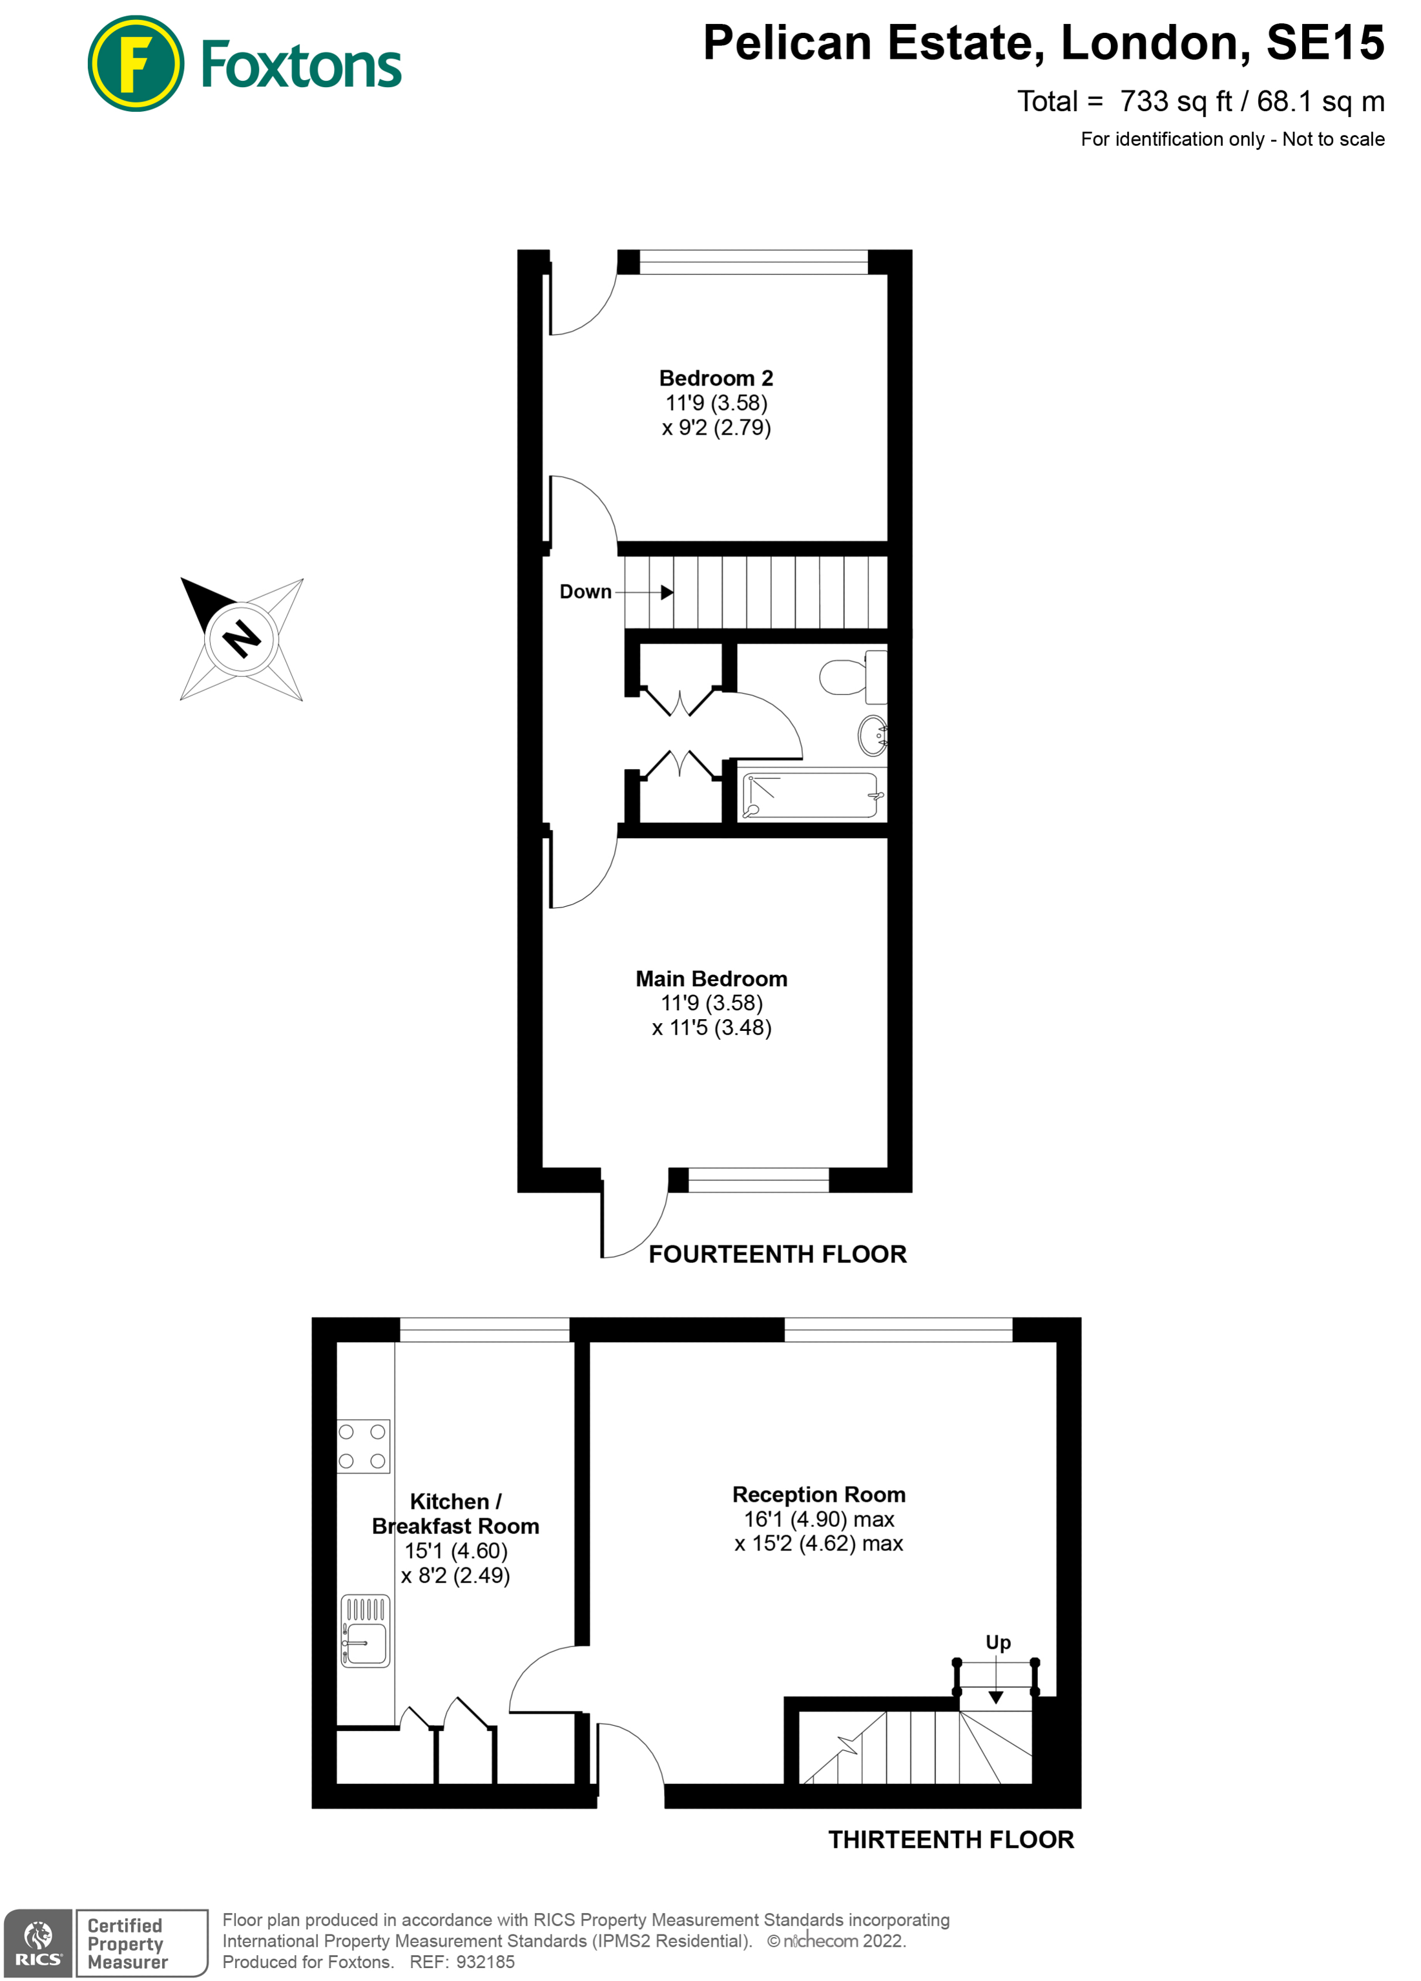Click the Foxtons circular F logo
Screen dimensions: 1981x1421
click(x=136, y=64)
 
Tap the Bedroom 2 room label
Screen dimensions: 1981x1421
click(x=715, y=379)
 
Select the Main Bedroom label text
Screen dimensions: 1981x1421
click(x=711, y=979)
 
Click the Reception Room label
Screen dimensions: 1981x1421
click(x=818, y=1495)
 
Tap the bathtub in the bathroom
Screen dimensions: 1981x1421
click(x=811, y=795)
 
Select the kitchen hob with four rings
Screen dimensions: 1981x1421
click(x=362, y=1446)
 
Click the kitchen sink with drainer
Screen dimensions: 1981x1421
click(x=365, y=1632)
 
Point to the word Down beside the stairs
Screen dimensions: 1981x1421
click(x=585, y=592)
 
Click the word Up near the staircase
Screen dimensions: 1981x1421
click(x=997, y=1642)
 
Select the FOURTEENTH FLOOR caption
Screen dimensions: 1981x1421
click(x=777, y=1254)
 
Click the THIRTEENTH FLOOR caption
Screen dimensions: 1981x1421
click(x=950, y=1840)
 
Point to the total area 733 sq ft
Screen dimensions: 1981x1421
click(x=1176, y=101)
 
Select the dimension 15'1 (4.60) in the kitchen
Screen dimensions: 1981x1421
click(x=455, y=1550)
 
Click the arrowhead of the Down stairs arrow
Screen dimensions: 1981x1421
click(x=667, y=592)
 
